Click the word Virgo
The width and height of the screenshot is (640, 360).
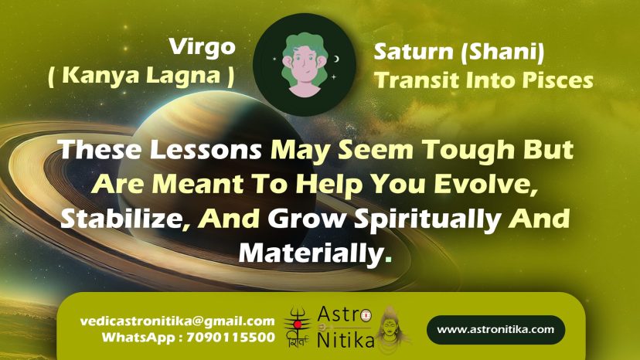[203, 48]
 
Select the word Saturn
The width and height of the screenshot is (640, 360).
[414, 52]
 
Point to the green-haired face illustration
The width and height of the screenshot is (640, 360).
[305, 65]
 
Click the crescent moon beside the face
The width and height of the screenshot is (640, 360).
[337, 59]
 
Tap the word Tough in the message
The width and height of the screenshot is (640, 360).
[468, 150]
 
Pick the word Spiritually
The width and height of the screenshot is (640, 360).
[427, 219]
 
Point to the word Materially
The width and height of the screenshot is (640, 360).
[311, 253]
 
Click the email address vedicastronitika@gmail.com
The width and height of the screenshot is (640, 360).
[178, 321]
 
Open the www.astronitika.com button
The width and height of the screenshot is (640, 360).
[496, 329]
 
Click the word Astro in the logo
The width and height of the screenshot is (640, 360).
[344, 314]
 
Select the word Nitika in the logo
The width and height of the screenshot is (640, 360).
[346, 341]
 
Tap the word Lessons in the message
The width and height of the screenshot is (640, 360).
[206, 149]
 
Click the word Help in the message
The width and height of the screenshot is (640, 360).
[329, 185]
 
